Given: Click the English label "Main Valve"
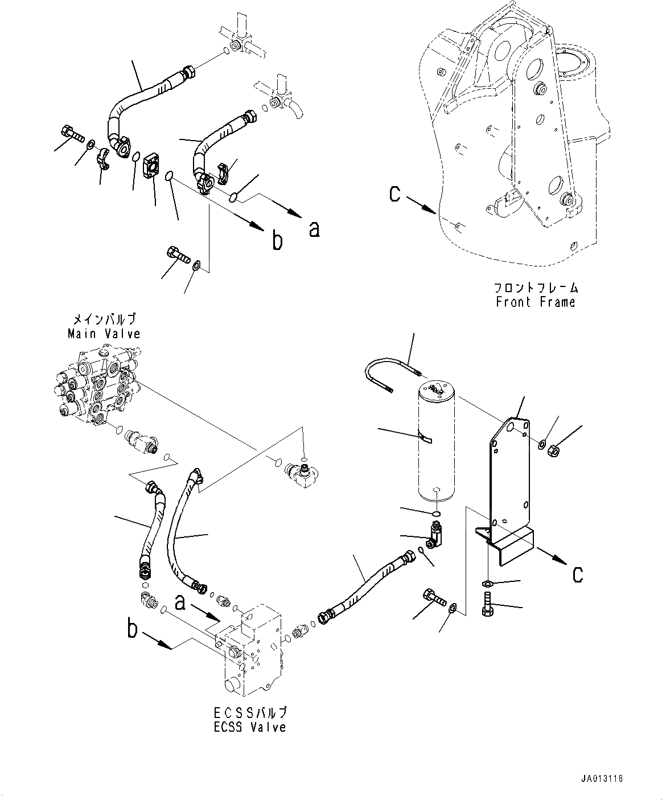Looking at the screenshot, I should (104, 334).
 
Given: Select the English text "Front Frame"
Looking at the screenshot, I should (536, 302).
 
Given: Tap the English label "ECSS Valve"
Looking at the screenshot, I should (250, 727).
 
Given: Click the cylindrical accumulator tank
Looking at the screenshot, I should (435, 442).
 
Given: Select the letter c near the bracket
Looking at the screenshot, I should (577, 573).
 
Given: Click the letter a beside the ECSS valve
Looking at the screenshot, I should (180, 602).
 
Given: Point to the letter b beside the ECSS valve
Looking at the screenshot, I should (132, 630).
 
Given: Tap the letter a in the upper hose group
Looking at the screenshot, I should (314, 228).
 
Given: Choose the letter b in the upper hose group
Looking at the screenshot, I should (277, 241).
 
